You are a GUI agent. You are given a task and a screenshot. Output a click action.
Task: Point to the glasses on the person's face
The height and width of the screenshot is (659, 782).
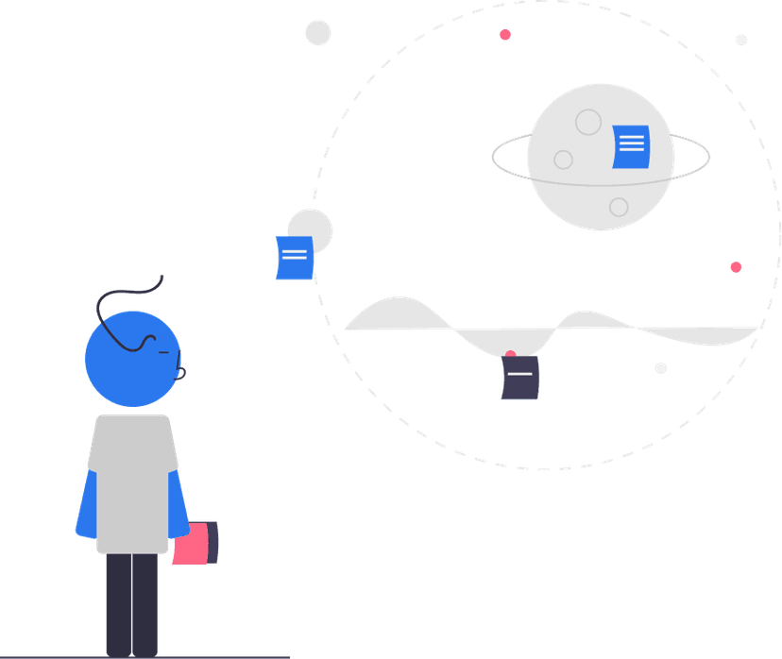point(151,342)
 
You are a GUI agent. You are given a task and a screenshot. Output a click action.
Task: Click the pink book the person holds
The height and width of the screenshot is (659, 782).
point(193,544)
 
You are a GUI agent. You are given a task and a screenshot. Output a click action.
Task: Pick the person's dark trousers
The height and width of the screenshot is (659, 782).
point(132,604)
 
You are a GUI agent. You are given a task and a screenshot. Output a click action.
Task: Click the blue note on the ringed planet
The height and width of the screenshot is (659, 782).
point(630,146)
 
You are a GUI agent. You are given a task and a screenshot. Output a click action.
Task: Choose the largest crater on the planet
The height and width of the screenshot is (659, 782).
point(588,122)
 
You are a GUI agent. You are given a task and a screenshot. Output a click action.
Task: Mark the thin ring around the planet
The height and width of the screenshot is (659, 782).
point(505,165)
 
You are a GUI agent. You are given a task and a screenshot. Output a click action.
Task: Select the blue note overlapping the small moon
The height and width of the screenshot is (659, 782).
point(294,258)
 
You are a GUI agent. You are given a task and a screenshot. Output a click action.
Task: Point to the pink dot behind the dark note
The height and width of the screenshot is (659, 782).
point(511,355)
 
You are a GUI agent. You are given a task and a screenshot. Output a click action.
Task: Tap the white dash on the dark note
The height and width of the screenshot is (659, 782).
point(520,375)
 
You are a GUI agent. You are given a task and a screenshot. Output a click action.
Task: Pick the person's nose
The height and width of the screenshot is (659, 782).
point(182,359)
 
